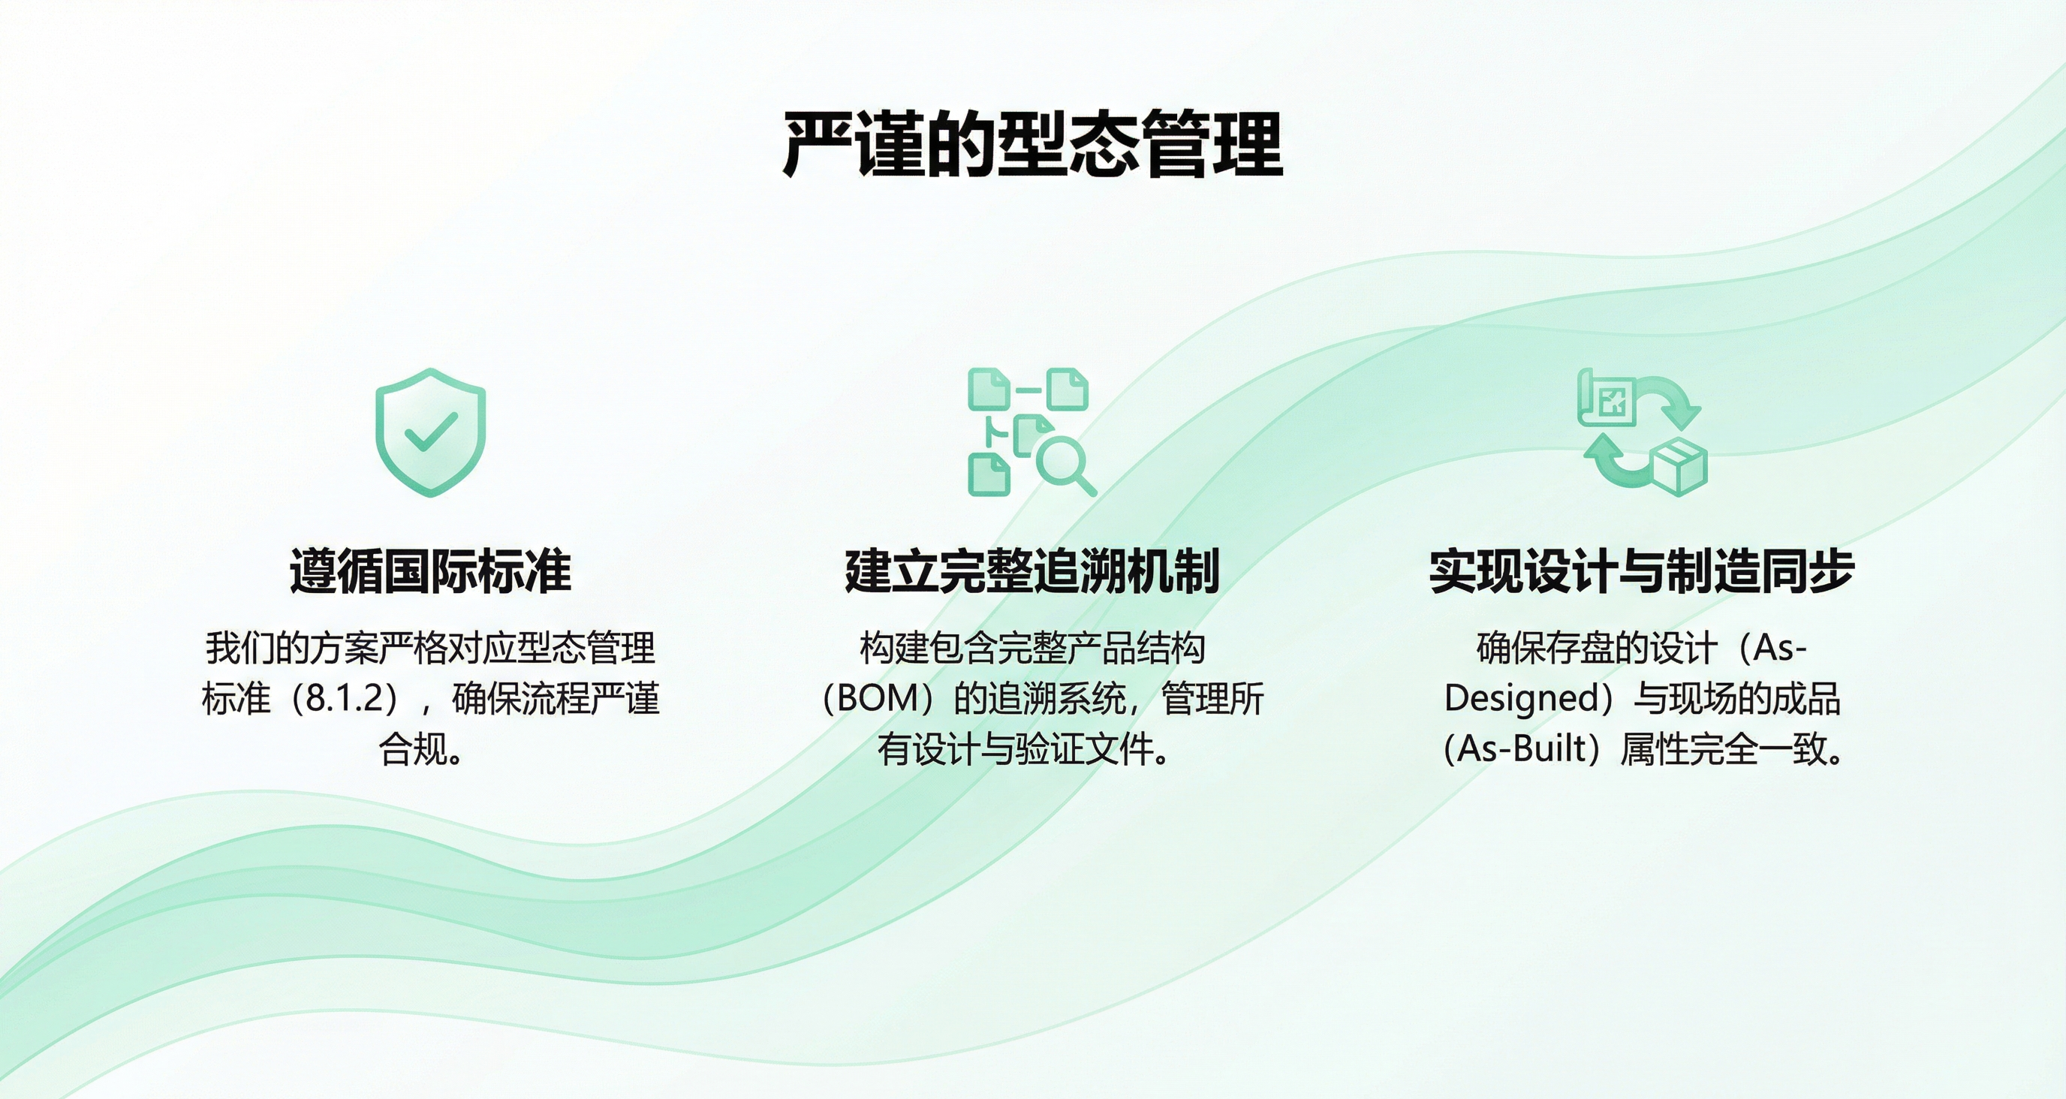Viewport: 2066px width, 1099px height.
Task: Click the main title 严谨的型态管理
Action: click(x=1032, y=144)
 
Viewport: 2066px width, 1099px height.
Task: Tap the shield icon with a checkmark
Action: click(x=431, y=432)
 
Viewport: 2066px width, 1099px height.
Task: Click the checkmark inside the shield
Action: click(x=431, y=432)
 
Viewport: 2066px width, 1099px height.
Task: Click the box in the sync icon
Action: click(x=1679, y=466)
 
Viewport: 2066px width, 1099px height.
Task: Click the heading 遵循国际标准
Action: click(x=431, y=571)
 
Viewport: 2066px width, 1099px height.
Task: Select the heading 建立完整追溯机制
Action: click(x=1032, y=571)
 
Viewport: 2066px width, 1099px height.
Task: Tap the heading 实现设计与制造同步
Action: click(x=1642, y=571)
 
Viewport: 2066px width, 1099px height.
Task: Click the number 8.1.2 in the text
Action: click(x=345, y=699)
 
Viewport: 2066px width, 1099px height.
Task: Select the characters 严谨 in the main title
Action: click(x=853, y=144)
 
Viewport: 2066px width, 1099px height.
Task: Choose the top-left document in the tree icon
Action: click(x=988, y=388)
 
